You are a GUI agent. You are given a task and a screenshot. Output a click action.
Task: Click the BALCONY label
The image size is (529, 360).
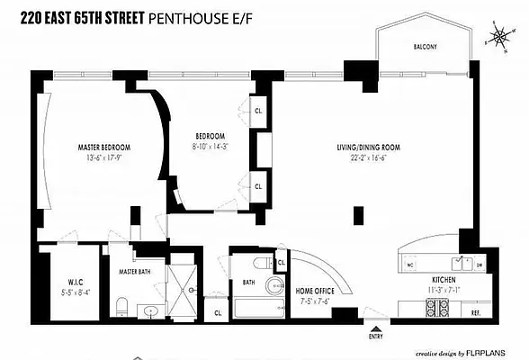(x=425, y=47)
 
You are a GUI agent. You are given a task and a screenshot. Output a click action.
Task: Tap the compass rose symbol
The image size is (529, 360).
(x=497, y=37)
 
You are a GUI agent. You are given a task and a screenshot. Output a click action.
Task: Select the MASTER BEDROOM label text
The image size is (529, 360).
(x=103, y=148)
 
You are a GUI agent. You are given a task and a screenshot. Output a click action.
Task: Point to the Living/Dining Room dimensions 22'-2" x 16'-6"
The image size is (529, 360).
(x=367, y=157)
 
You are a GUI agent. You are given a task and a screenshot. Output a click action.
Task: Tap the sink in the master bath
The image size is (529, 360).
(x=150, y=311)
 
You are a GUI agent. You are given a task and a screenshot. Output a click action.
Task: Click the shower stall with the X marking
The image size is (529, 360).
(x=189, y=287)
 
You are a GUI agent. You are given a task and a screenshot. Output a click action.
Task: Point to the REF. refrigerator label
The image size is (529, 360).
(x=476, y=311)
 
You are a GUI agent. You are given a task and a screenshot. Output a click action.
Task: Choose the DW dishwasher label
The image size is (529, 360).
(x=480, y=265)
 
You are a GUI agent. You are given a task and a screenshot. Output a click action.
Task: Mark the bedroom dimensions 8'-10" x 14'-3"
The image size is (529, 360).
(x=211, y=147)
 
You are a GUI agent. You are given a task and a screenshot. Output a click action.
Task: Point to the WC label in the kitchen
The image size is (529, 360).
(x=410, y=265)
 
